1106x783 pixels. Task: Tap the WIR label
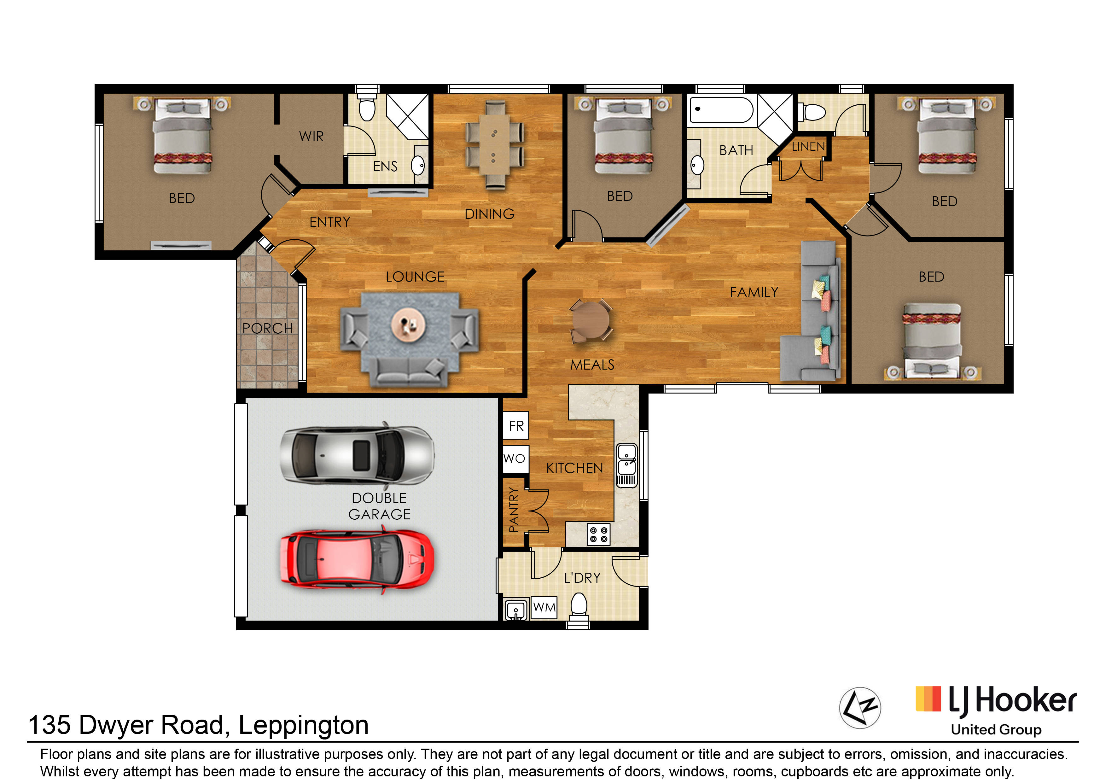(x=311, y=137)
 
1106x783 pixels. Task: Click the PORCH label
(x=267, y=328)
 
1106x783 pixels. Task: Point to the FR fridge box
(x=516, y=425)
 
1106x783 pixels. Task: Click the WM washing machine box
(x=544, y=607)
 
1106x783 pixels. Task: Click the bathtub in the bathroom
(x=721, y=110)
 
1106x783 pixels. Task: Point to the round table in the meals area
(x=591, y=321)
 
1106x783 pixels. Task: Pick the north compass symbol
(x=860, y=708)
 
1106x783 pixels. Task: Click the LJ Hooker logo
(x=996, y=710)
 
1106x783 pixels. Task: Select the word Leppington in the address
(x=304, y=726)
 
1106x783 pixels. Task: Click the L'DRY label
(x=582, y=578)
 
